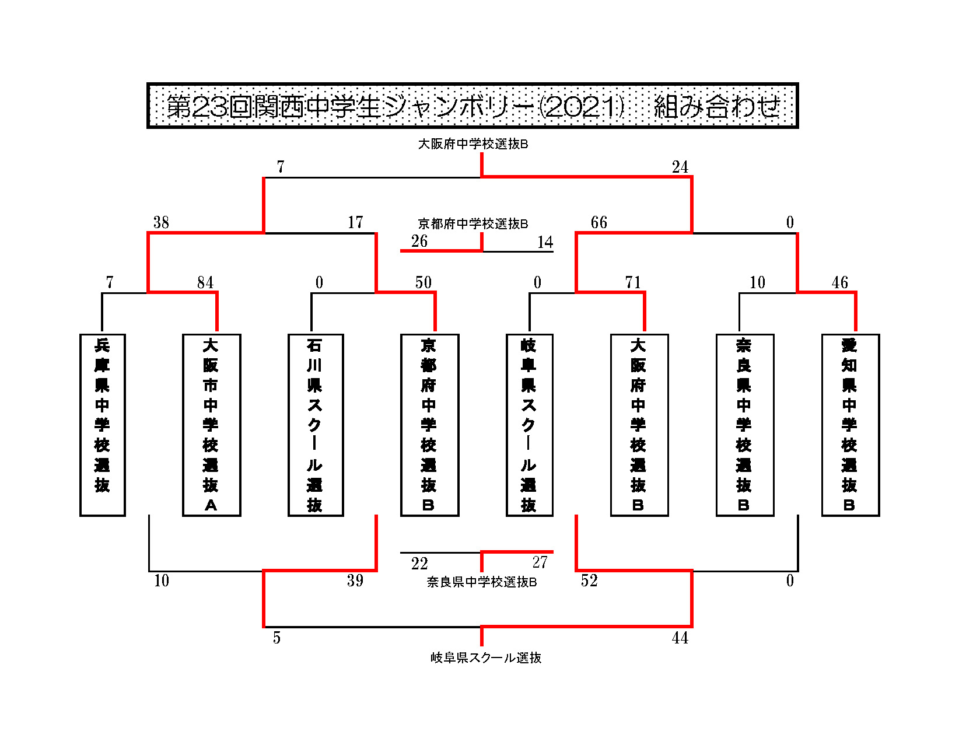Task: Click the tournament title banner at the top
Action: point(472,105)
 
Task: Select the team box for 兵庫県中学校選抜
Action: point(102,425)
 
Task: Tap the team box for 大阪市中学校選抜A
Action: point(211,425)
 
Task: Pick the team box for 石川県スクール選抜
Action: point(316,425)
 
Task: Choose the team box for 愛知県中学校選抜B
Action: point(850,425)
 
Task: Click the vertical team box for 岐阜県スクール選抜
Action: point(529,425)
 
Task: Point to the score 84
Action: point(205,282)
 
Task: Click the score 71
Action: point(633,282)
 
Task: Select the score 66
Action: point(598,222)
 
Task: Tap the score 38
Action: point(161,222)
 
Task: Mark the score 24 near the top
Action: point(680,167)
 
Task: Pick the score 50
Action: point(423,282)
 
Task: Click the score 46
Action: point(839,282)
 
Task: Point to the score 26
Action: point(419,241)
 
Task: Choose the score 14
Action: point(545,242)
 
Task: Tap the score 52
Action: point(589,580)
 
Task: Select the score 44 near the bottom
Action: point(680,638)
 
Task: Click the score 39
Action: point(355,580)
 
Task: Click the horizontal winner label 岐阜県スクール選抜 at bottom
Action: point(485,657)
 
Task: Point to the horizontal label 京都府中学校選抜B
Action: point(473,223)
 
